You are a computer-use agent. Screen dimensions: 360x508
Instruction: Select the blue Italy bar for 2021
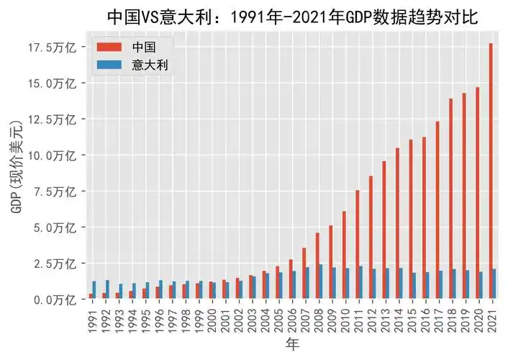coord(494,284)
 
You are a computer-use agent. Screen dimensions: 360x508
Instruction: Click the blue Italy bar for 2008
coord(321,282)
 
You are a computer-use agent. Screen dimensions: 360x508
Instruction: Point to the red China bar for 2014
coord(397,223)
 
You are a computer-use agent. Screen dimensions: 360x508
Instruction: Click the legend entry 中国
coord(144,47)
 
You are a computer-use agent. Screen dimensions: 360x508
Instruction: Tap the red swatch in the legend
coord(109,48)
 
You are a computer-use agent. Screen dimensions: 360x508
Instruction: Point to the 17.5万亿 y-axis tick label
coord(53,48)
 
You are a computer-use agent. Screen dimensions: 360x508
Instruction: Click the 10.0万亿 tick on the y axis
coord(53,156)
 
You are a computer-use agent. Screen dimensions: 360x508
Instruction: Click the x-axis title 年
coord(292,344)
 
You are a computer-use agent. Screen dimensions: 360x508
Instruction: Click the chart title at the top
coord(292,15)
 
